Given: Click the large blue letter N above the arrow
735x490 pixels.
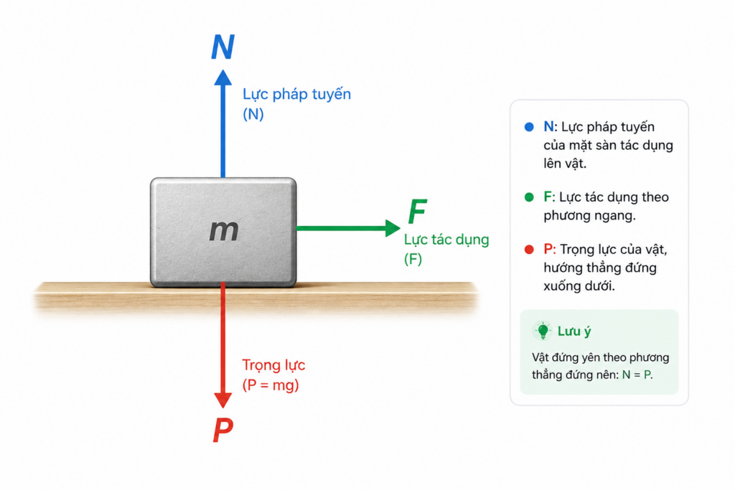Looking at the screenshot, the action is pyautogui.click(x=223, y=47).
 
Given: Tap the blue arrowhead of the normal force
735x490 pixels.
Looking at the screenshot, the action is pyautogui.click(x=223, y=77).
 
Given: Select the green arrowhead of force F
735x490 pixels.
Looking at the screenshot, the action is pyautogui.click(x=393, y=228).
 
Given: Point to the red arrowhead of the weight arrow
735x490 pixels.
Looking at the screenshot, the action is pyautogui.click(x=223, y=400).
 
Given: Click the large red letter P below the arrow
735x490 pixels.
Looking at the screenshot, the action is pyautogui.click(x=223, y=430).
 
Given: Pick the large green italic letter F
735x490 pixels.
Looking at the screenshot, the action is pyautogui.click(x=417, y=211).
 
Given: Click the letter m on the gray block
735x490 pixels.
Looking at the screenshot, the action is pyautogui.click(x=224, y=230).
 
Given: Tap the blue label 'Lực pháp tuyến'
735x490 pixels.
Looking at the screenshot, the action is pyautogui.click(x=296, y=95).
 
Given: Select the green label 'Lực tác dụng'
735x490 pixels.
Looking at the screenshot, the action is pyautogui.click(x=446, y=240).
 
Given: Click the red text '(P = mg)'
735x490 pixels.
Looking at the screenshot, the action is pyautogui.click(x=271, y=385).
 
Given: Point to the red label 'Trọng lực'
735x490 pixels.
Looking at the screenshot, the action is pyautogui.click(x=273, y=365).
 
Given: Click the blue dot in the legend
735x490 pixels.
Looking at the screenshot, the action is pyautogui.click(x=529, y=127).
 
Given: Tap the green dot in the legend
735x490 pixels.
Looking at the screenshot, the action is pyautogui.click(x=529, y=197).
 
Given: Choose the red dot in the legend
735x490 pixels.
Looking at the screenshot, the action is pyautogui.click(x=529, y=249).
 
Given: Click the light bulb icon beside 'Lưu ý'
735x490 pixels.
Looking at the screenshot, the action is pyautogui.click(x=543, y=331).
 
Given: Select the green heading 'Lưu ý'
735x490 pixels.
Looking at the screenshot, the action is pyautogui.click(x=574, y=331).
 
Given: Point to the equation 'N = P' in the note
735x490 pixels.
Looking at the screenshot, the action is pyautogui.click(x=637, y=374).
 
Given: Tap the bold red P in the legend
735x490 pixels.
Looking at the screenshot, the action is pyautogui.click(x=548, y=249).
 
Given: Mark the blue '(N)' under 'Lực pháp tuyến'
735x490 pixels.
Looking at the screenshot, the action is pyautogui.click(x=253, y=114).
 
